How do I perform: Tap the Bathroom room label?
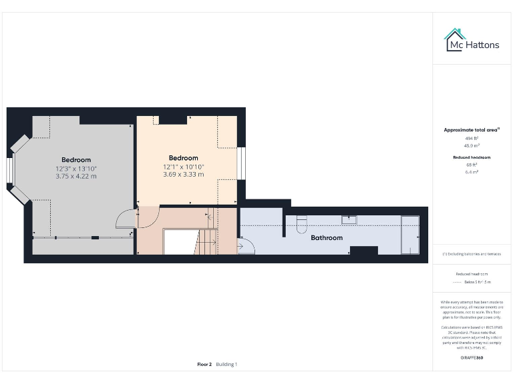pyautogui.click(x=327, y=237)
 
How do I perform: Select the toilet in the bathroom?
pyautogui.click(x=301, y=225)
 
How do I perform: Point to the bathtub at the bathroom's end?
pyautogui.click(x=409, y=234)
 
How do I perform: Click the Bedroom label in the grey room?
pyautogui.click(x=76, y=160)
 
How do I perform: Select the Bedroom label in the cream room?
pyautogui.click(x=183, y=158)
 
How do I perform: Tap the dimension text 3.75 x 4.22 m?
pyautogui.click(x=76, y=177)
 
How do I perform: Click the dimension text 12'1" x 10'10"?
pyautogui.click(x=183, y=167)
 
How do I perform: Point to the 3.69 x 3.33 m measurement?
pyautogui.click(x=183, y=175)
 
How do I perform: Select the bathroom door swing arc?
pyautogui.click(x=246, y=247)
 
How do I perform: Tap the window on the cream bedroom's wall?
pyautogui.click(x=242, y=163)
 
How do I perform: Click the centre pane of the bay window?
pyautogui.click(x=10, y=169)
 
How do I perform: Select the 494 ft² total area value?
pyautogui.click(x=472, y=138)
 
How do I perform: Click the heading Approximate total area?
pyautogui.click(x=472, y=130)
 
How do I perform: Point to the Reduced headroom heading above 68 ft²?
pyautogui.click(x=472, y=157)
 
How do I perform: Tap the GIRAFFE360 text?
pyautogui.click(x=472, y=358)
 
